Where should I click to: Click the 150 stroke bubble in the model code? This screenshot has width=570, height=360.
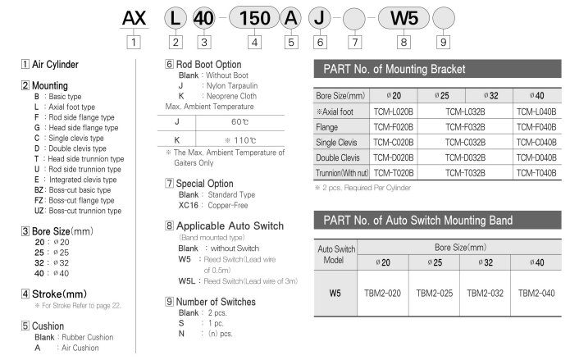(254, 17)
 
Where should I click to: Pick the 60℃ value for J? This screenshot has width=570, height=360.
(239, 122)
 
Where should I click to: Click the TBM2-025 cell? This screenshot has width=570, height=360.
(434, 292)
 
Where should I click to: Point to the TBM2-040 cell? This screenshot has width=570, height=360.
(538, 292)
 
